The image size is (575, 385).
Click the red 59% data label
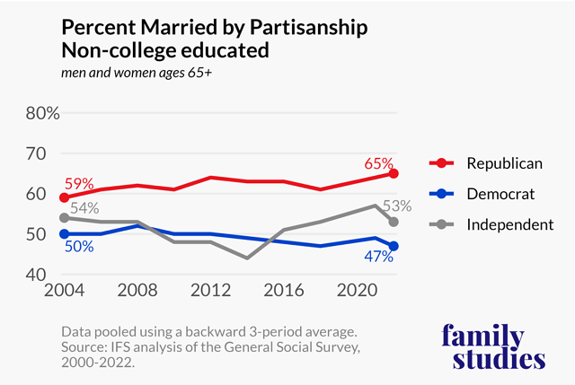(77, 184)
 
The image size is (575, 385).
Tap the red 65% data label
(379, 163)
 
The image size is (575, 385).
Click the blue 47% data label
(379, 258)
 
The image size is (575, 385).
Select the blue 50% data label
(78, 246)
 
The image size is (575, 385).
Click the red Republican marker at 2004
(64, 197)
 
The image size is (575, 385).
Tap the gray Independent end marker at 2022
(394, 222)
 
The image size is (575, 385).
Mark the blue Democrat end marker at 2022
(394, 246)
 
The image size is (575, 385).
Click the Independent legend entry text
(509, 224)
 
